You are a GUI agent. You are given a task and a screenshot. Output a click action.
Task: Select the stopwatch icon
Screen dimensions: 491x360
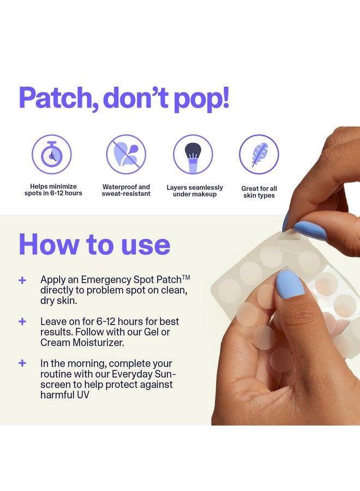click(52, 154)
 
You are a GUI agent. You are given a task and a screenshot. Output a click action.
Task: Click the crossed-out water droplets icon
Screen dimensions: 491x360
click(126, 154)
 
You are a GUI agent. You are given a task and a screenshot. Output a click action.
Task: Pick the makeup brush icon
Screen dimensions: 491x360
click(193, 154)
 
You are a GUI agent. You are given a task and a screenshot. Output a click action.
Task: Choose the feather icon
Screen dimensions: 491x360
click(259, 154)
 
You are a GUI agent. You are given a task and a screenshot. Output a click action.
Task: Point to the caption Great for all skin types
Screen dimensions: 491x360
click(259, 192)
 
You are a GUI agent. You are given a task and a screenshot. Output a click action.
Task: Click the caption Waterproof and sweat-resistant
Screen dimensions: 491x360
click(126, 190)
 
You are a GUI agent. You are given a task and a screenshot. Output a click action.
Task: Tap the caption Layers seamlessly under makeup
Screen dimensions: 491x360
click(195, 190)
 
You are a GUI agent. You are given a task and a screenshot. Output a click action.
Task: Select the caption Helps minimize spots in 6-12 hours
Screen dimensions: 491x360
click(53, 190)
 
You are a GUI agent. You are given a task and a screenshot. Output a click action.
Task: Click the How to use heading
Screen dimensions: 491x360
click(94, 244)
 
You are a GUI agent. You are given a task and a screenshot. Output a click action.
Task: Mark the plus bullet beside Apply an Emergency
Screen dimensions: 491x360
click(22, 280)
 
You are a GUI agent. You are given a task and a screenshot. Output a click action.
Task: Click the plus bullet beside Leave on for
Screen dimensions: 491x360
click(22, 321)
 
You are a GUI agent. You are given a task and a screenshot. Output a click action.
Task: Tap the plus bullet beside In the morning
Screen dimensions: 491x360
click(22, 363)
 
